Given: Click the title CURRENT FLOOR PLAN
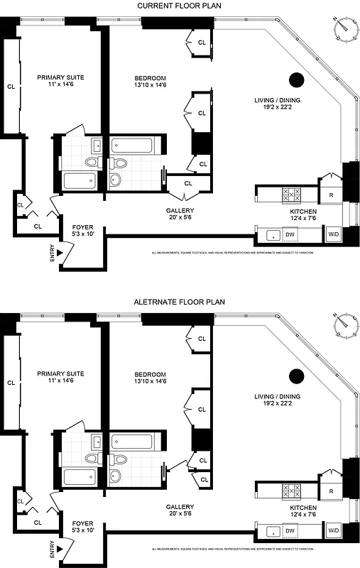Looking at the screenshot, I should click(180, 6).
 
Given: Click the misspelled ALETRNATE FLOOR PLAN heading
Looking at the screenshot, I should click(180, 302).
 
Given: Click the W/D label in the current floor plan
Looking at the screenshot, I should click(332, 234).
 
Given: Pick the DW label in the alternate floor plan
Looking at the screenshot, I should click(290, 530).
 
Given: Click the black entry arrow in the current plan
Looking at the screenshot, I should click(61, 251).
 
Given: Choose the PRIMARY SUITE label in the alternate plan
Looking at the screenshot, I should click(60, 373).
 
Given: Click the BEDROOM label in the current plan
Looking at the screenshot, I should click(151, 77).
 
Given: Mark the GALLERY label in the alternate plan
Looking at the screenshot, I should click(180, 507).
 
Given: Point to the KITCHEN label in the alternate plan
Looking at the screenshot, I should click(303, 508).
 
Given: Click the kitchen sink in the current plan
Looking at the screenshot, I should click(271, 234).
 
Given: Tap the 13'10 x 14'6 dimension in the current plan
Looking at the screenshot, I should click(151, 85).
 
